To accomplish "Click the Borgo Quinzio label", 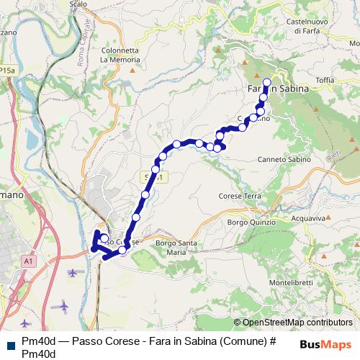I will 251,222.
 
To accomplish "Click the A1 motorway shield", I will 28,260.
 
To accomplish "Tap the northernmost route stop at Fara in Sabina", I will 267,81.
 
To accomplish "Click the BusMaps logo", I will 325,345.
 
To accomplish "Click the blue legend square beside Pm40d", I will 9,345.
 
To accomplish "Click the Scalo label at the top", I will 78,4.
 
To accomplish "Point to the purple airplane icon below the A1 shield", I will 73,272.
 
